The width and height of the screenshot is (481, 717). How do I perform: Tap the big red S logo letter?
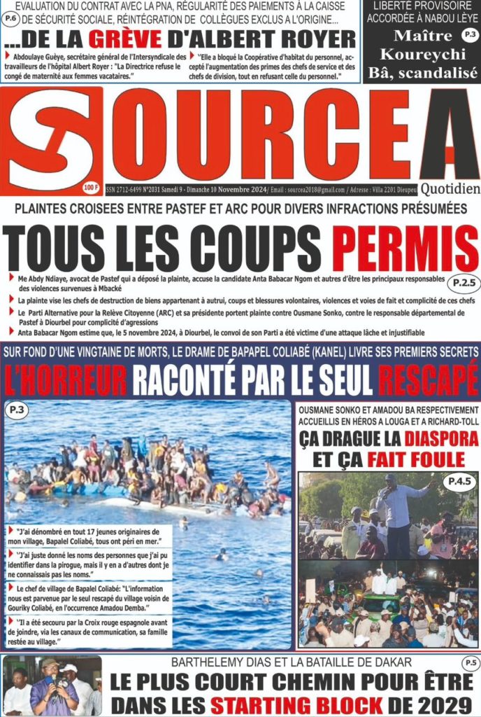point(50,139)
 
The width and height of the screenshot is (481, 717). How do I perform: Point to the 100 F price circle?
point(89,187)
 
